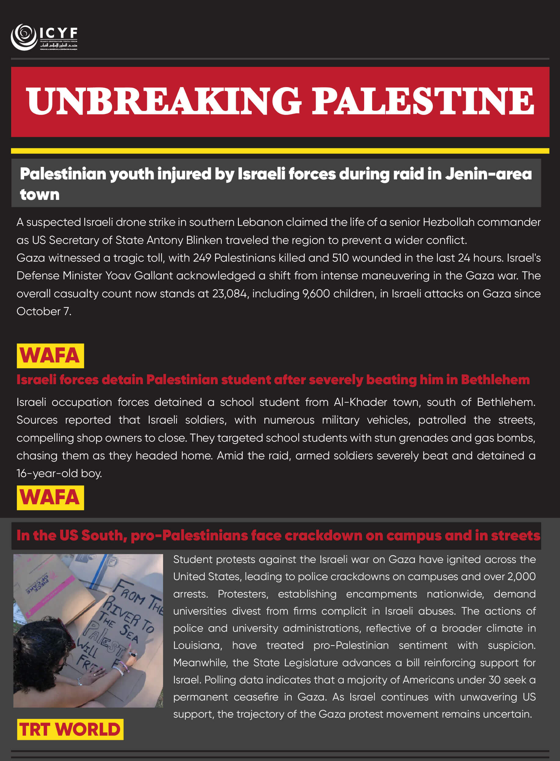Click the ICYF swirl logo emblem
coord(24,37)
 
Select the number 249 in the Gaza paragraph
coord(202,258)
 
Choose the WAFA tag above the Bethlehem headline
coord(50,356)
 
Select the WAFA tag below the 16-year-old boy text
coord(50,498)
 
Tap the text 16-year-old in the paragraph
coord(47,473)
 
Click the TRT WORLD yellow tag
coord(70,729)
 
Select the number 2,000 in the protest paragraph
coord(521,576)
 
